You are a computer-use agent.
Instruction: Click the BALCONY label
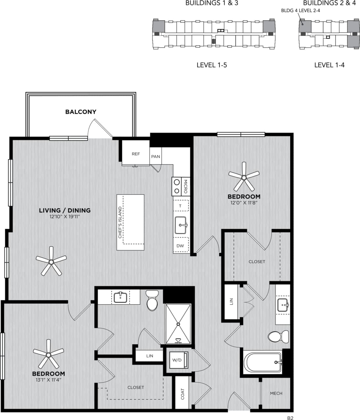[x=81, y=112]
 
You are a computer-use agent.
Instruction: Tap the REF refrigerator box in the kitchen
[x=136, y=154]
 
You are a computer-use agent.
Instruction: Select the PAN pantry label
[x=155, y=156]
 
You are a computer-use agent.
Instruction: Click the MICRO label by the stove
[x=185, y=186]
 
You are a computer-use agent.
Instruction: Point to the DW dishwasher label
[x=180, y=246]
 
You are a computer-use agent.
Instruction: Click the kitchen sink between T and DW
[x=180, y=225]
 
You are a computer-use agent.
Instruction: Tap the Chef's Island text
[x=120, y=222]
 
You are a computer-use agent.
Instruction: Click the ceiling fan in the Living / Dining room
[x=51, y=262]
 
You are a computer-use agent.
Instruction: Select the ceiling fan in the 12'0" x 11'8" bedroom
[x=244, y=177]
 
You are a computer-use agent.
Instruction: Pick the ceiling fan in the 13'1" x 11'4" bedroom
[x=49, y=355]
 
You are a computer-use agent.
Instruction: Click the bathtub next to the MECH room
[x=263, y=363]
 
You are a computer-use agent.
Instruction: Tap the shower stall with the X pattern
[x=178, y=324]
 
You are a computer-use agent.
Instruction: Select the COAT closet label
[x=183, y=394]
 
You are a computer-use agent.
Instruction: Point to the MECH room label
[x=276, y=393]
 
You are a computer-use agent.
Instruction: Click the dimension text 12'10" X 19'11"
[x=65, y=217]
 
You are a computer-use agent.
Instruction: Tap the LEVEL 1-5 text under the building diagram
[x=212, y=65]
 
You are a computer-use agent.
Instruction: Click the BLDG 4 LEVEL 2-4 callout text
[x=300, y=11]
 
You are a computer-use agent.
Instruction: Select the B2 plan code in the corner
[x=290, y=418]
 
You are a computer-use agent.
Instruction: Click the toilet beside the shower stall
[x=152, y=301]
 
